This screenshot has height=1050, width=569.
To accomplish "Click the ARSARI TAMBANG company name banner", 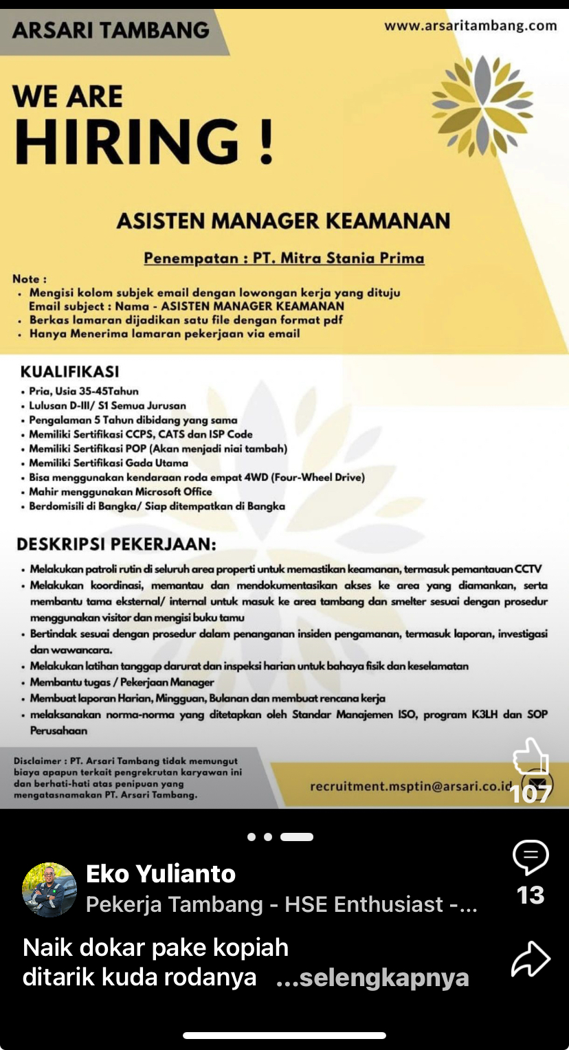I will [110, 30].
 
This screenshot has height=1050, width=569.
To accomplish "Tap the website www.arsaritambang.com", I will [470, 25].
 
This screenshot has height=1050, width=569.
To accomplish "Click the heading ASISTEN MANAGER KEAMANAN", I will [283, 221].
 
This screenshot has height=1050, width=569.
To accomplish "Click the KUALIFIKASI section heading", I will [69, 372].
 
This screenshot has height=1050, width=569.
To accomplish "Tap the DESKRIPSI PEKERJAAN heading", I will [116, 544].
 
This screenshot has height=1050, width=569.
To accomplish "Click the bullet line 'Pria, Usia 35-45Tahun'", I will [83, 391].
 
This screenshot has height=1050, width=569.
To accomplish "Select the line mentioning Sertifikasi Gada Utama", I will [108, 462].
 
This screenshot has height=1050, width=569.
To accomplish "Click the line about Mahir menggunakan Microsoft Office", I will [120, 491].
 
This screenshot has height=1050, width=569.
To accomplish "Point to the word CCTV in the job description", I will [528, 569].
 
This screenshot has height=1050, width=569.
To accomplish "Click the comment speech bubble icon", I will [531, 857].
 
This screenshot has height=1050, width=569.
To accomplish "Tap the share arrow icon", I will [531, 959].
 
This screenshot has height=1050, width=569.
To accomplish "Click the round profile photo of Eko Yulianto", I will [49, 890].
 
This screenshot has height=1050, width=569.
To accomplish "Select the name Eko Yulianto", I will [161, 874].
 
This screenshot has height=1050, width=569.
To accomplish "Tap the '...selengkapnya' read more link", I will [372, 977].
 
